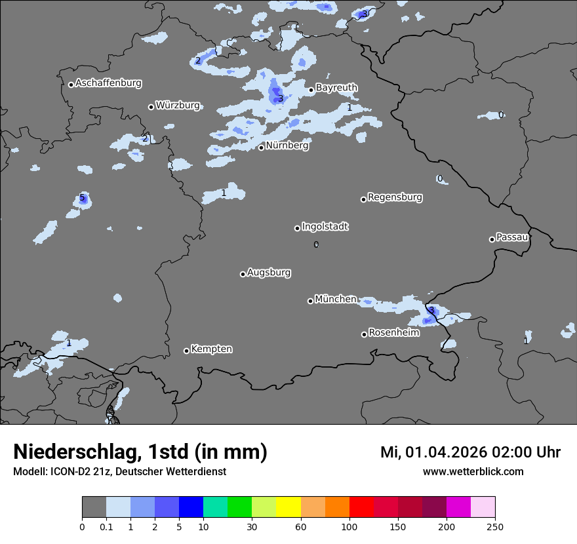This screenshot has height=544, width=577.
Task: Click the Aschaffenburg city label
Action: pyautogui.click(x=108, y=83)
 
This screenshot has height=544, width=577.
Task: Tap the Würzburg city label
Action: pyautogui.click(x=178, y=106)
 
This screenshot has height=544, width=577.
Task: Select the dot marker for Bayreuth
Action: pyautogui.click(x=311, y=90)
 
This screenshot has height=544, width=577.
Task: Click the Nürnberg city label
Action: pyautogui.click(x=287, y=146)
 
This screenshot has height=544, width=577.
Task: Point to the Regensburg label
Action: pyautogui.click(x=395, y=197)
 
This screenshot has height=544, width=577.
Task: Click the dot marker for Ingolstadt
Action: pyautogui.click(x=297, y=228)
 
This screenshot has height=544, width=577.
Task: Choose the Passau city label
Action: pyautogui.click(x=512, y=237)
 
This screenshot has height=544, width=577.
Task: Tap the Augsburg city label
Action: pyautogui.click(x=269, y=273)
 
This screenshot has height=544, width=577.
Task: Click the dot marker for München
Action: pyautogui.click(x=310, y=301)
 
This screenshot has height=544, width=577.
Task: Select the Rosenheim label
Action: pyautogui.click(x=393, y=333)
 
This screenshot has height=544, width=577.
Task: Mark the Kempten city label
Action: pyautogui.click(x=211, y=349)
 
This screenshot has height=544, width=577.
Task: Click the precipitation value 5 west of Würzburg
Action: pyautogui.click(x=82, y=198)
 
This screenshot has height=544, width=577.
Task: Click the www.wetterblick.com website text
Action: pyautogui.click(x=473, y=472)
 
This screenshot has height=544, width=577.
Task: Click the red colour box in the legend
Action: pyautogui.click(x=361, y=507)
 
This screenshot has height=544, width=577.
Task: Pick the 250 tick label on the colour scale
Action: pyautogui.click(x=495, y=526)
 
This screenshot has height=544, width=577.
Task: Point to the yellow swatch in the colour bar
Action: pyautogui.click(x=288, y=507)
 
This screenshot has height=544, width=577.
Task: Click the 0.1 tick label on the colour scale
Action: pyautogui.click(x=106, y=526)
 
